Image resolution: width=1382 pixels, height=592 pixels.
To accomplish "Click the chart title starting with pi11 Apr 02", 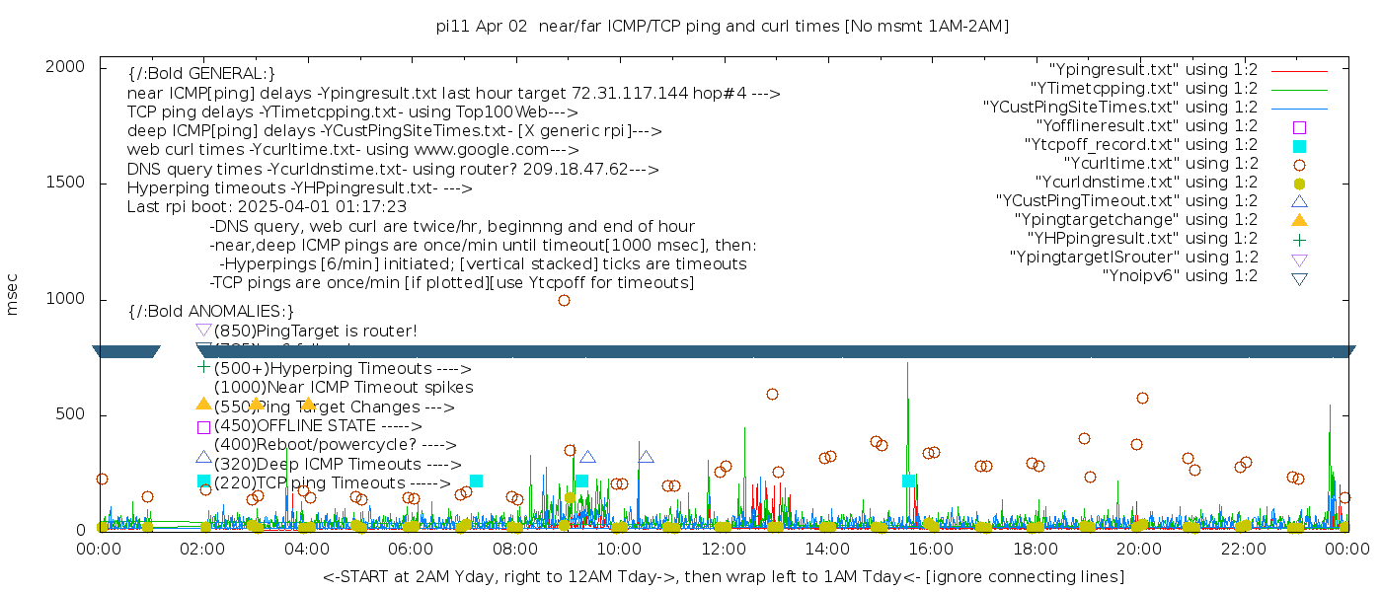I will (x=723, y=27).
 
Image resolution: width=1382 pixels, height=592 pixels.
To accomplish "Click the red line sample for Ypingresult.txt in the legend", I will (x=1299, y=71).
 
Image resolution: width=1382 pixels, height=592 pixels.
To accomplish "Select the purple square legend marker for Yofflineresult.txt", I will (x=1299, y=127).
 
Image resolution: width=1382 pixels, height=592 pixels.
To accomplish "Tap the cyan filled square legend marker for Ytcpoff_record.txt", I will (x=1299, y=146).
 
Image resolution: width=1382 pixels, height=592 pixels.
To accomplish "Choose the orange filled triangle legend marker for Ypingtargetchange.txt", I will (x=1299, y=219).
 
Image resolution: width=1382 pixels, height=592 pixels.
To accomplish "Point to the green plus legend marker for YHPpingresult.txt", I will (x=1299, y=239).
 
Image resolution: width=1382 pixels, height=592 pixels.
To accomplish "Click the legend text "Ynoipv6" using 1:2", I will (x=1180, y=276).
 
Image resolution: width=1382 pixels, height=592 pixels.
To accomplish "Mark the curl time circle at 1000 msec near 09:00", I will (x=564, y=300).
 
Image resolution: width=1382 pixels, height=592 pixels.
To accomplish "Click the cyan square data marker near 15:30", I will (x=908, y=481).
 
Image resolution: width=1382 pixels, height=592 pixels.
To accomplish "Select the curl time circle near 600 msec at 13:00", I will (x=772, y=394).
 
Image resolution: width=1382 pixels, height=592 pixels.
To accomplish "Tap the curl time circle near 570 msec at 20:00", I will (x=1142, y=398).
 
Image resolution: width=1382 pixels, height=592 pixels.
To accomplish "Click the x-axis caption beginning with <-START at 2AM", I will (x=723, y=575).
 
